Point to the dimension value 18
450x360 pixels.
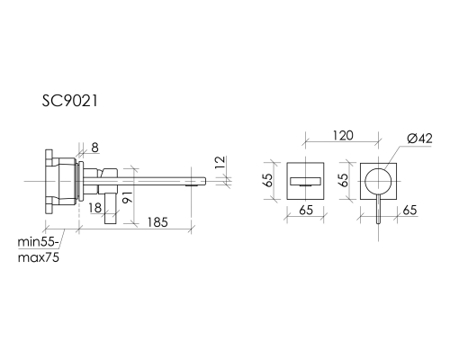point(94,207)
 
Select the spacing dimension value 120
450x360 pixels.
point(341,136)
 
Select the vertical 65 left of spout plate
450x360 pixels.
point(267,179)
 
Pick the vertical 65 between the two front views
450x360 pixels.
point(341,179)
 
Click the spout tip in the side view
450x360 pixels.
point(195,184)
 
